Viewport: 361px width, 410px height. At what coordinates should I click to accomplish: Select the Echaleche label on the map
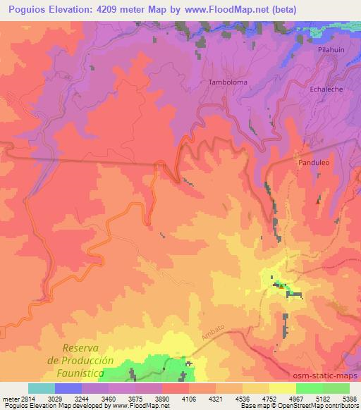point(327,90)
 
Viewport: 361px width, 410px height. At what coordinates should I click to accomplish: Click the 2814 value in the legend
point(27,398)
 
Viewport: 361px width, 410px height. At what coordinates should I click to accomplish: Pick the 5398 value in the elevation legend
point(348,398)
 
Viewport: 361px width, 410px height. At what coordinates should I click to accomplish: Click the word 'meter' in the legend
point(9,398)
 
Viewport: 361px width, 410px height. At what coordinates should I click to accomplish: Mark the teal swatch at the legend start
point(41,388)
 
